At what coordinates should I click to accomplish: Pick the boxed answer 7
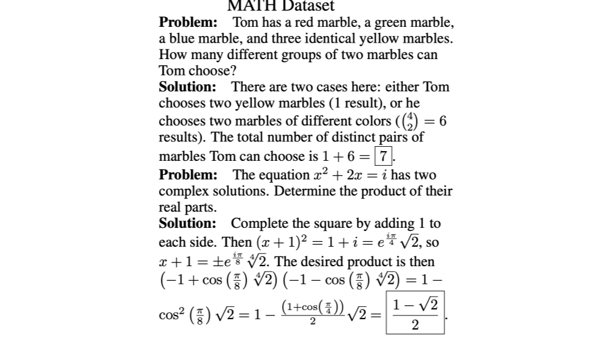coord(384,155)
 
